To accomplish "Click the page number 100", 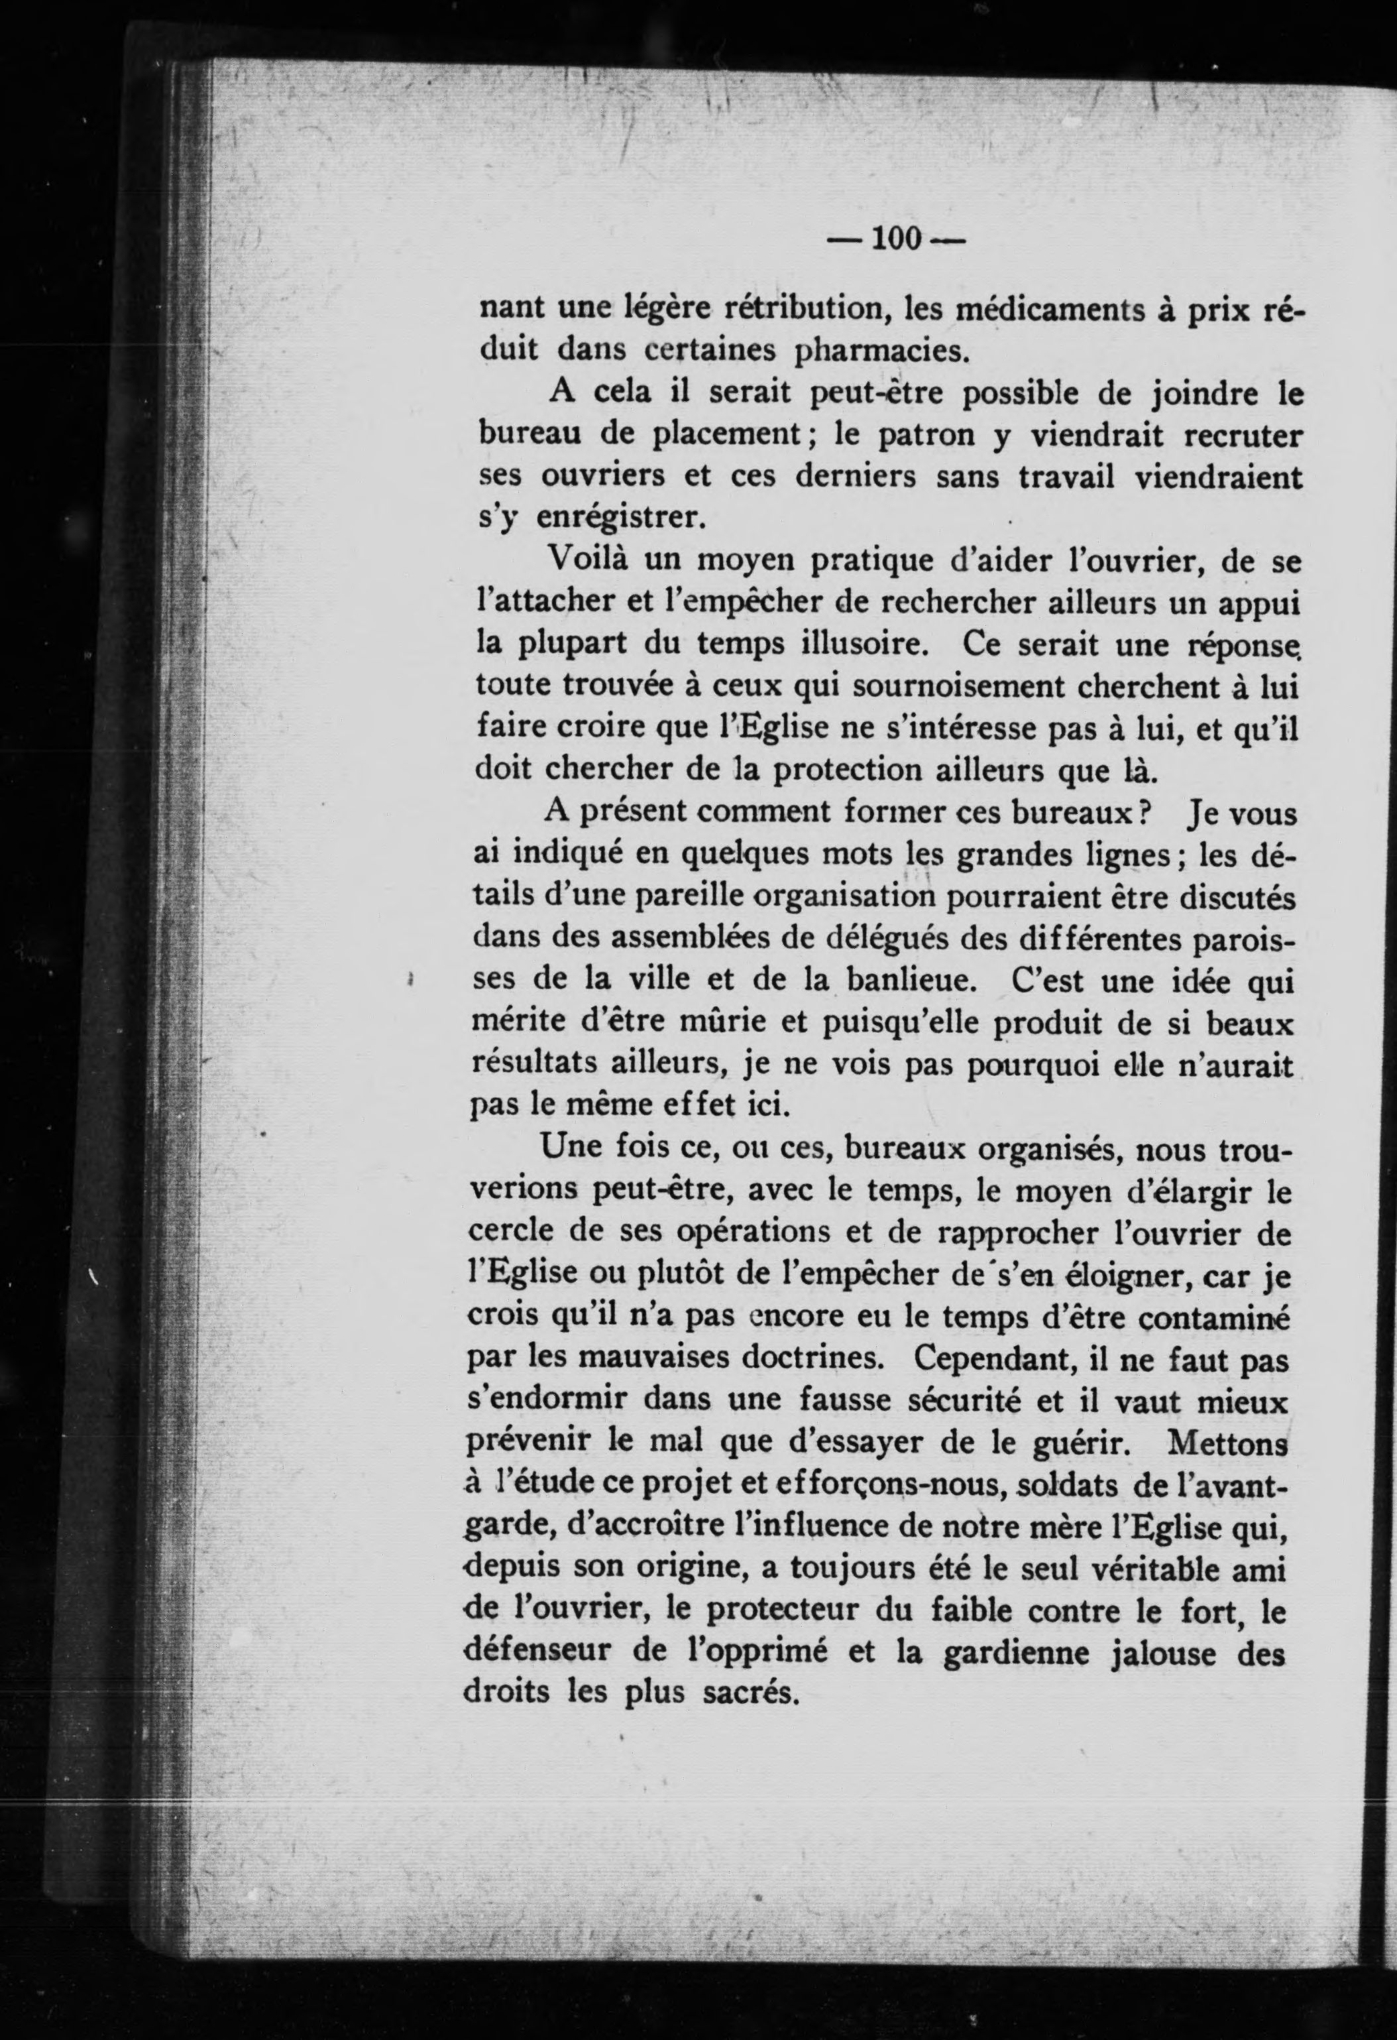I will click(893, 238).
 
